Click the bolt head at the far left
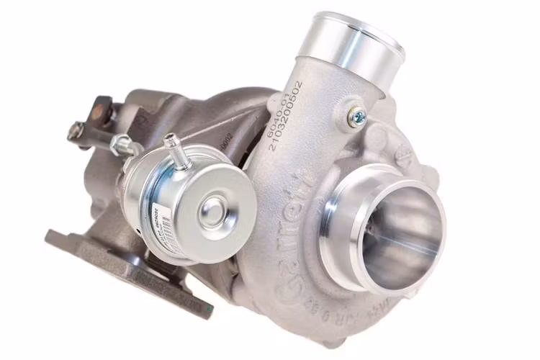(75, 131)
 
